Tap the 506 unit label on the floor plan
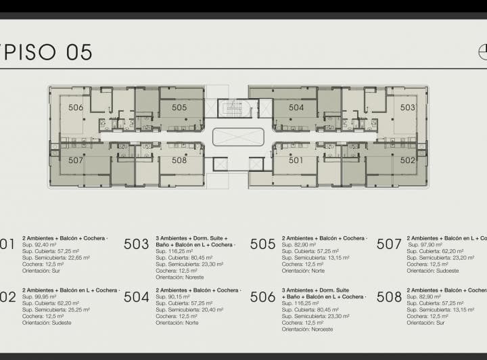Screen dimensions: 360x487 click(x=76, y=108)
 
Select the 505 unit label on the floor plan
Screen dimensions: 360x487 click(x=179, y=108)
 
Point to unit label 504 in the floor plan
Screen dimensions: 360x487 click(x=296, y=108)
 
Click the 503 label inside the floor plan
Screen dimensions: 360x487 click(x=407, y=108)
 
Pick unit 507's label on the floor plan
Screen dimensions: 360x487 click(x=76, y=160)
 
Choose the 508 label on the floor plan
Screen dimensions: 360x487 click(x=179, y=160)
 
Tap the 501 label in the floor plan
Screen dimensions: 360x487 click(x=296, y=160)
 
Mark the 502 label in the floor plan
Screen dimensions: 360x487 click(x=407, y=160)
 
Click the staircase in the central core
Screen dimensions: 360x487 click(x=233, y=108)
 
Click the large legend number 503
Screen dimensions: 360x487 click(x=136, y=244)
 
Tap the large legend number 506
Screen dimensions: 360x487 click(x=262, y=297)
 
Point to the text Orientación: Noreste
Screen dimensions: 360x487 click(x=179, y=277)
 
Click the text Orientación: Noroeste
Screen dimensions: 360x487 click(x=307, y=330)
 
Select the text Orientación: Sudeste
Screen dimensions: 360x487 click(x=47, y=323)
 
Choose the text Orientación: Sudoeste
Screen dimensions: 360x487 click(x=432, y=271)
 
